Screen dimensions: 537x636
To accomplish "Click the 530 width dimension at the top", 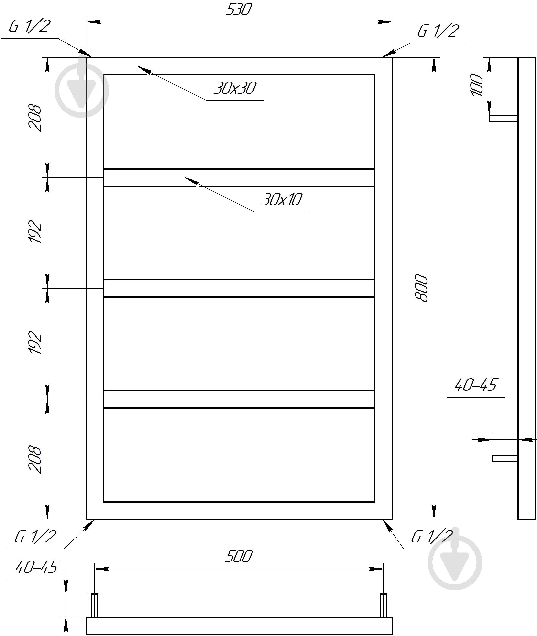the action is pyautogui.click(x=239, y=10).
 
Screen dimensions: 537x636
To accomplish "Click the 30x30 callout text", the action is pyautogui.click(x=235, y=88).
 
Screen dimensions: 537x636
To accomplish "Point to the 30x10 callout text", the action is pyautogui.click(x=282, y=200).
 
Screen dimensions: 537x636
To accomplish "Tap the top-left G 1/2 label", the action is pyautogui.click(x=29, y=26).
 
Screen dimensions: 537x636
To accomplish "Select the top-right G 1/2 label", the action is pyautogui.click(x=438, y=31).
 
